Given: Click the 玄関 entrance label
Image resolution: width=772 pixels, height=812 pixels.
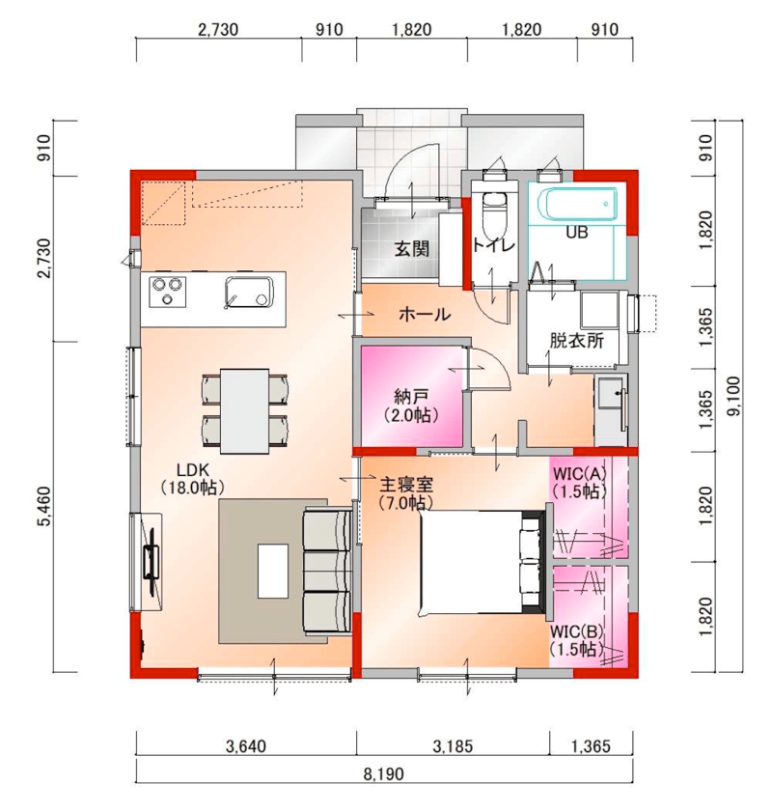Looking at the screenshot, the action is click(412, 248).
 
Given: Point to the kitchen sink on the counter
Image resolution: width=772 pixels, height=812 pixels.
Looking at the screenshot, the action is click(249, 293).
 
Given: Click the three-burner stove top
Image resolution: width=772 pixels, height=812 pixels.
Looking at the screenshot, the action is click(167, 293).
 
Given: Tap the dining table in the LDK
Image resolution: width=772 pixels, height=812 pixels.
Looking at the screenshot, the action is click(244, 410).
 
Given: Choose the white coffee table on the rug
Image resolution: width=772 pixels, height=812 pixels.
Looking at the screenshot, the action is click(273, 572).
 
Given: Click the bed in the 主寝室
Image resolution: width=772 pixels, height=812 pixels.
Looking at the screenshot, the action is click(482, 563).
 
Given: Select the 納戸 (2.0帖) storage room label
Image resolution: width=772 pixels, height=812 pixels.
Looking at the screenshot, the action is click(411, 406).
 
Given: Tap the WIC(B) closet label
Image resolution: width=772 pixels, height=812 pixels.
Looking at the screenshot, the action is click(577, 640).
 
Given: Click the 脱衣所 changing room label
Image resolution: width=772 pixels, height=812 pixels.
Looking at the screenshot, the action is click(576, 341).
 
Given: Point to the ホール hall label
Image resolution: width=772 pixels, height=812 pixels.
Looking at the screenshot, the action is click(425, 314).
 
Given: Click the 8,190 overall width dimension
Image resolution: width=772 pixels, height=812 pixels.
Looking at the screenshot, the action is click(383, 774).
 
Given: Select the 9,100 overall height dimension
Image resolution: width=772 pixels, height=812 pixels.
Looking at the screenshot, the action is click(733, 396).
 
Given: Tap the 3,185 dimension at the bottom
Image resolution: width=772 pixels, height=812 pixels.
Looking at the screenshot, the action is click(453, 746).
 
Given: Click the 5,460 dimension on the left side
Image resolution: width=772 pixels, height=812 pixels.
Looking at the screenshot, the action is click(44, 506).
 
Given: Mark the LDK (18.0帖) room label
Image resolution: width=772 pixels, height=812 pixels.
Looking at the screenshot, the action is click(192, 479).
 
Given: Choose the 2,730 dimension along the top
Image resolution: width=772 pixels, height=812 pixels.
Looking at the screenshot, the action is click(218, 30).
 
